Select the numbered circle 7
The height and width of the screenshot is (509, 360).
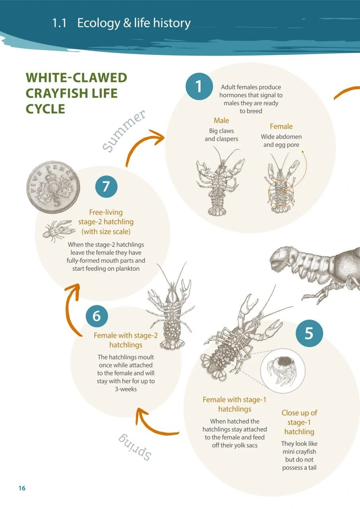[106, 186]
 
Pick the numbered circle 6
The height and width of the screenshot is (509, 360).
[97, 316]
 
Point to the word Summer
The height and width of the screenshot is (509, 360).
[124, 131]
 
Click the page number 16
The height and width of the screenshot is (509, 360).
[21, 488]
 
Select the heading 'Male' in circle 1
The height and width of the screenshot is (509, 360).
[222, 120]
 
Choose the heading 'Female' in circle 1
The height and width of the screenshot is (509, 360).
[281, 126]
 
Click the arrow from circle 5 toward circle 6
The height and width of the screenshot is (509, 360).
[155, 425]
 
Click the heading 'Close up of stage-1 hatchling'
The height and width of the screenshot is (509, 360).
[299, 422]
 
